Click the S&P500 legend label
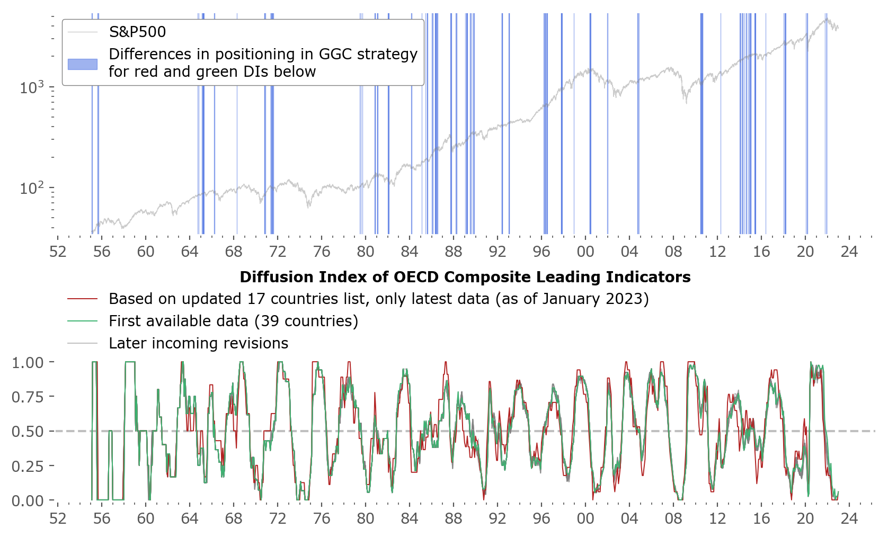pyautogui.click(x=137, y=32)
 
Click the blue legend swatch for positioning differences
pyautogui.click(x=83, y=64)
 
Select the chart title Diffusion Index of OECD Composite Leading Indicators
pyautogui.click(x=465, y=277)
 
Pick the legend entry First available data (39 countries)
pyautogui.click(x=233, y=321)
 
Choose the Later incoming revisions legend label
pyautogui.click(x=198, y=343)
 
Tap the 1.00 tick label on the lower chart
pyautogui.click(x=28, y=362)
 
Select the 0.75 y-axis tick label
pyautogui.click(x=28, y=397)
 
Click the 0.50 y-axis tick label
pyautogui.click(x=28, y=431)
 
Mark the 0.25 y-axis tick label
pyautogui.click(x=28, y=466)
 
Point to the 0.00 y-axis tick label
pyautogui.click(x=28, y=500)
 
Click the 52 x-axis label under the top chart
pyautogui.click(x=58, y=251)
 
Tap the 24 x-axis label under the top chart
pyautogui.click(x=849, y=251)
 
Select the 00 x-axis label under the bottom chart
pyautogui.click(x=585, y=518)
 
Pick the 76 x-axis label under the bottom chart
pyautogui.click(x=322, y=518)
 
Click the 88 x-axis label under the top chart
pyautogui.click(x=454, y=251)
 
